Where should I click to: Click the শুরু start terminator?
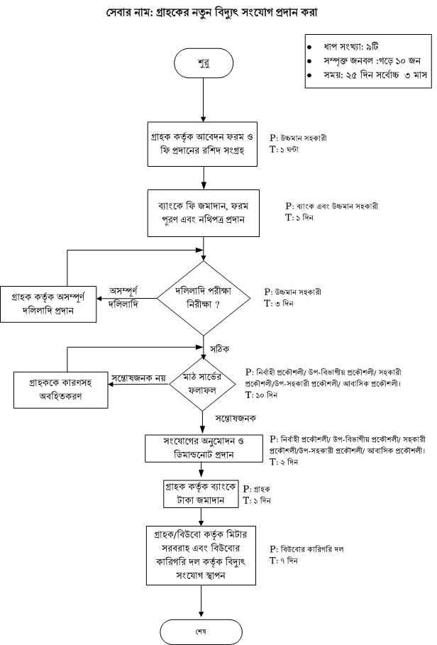pos(204,63)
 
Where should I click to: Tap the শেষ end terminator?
pos(201,632)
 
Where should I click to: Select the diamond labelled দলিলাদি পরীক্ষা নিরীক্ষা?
pos(204,298)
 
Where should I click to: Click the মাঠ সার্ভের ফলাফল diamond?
pos(203,384)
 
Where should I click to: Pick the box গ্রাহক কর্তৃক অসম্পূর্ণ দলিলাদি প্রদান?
pos(48,304)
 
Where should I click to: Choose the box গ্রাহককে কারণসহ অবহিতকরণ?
pos(61,390)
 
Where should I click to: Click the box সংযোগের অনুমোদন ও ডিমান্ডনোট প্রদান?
pos(204,448)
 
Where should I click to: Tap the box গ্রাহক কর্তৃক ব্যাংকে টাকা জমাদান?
pos(201,494)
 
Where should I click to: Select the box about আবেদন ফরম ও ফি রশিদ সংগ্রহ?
pos(203,144)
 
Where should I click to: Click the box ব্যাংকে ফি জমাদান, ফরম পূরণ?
pos(204,213)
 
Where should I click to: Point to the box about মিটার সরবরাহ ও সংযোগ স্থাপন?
pos(201,555)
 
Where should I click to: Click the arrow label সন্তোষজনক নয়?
pos(138,377)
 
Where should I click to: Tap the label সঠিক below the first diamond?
pos(219,349)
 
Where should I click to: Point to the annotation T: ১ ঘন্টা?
pos(284,149)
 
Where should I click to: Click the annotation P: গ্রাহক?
pos(257,489)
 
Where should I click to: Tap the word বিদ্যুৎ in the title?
pos(233,12)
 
